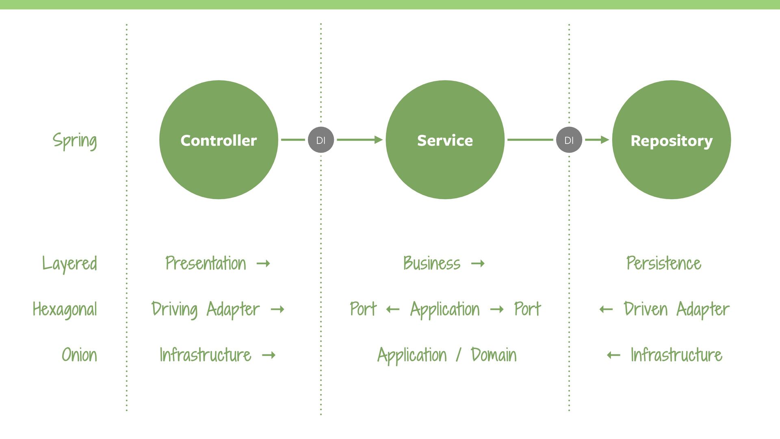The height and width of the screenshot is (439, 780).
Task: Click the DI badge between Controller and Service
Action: [x=321, y=140]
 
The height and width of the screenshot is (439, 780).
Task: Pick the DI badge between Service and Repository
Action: [x=569, y=140]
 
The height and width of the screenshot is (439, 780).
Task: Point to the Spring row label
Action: [x=75, y=141]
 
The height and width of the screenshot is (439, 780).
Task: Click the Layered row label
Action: [x=70, y=263]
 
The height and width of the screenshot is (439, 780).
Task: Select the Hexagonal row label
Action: [x=65, y=309]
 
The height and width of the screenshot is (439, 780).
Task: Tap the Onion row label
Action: [x=79, y=355]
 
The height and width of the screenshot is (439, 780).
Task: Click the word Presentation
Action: [x=206, y=263]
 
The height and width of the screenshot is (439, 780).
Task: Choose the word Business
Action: [x=432, y=263]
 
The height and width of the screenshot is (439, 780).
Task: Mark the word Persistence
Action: [x=664, y=263]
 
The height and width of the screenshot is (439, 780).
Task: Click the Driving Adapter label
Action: [x=206, y=309]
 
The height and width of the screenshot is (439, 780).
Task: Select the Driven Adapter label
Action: [x=677, y=309]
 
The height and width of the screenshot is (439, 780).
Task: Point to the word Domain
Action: [x=494, y=355]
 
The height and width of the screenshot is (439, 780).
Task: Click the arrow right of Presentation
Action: [x=263, y=264]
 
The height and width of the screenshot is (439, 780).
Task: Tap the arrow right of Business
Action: [x=478, y=264]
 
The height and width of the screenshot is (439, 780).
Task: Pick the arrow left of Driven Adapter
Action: [x=606, y=310]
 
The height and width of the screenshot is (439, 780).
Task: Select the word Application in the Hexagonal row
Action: [x=445, y=309]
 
